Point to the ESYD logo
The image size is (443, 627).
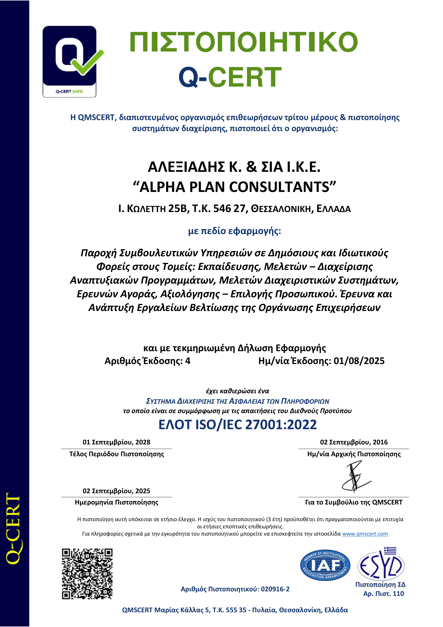[x=381, y=564]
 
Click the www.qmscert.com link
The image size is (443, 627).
[x=365, y=534]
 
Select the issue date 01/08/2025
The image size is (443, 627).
[x=359, y=361]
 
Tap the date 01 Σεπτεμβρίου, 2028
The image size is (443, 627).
[x=117, y=442]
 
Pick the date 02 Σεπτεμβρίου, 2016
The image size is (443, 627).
[x=354, y=442]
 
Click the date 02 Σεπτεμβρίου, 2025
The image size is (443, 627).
[x=117, y=491]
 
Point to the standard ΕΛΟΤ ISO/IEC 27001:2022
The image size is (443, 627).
[x=238, y=425]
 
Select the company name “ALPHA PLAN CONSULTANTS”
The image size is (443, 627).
[x=234, y=187]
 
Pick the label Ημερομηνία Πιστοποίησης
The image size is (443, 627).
[x=117, y=502]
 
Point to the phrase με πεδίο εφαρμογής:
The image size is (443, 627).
[x=234, y=231]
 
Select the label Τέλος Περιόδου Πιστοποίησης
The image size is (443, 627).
[x=117, y=454]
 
